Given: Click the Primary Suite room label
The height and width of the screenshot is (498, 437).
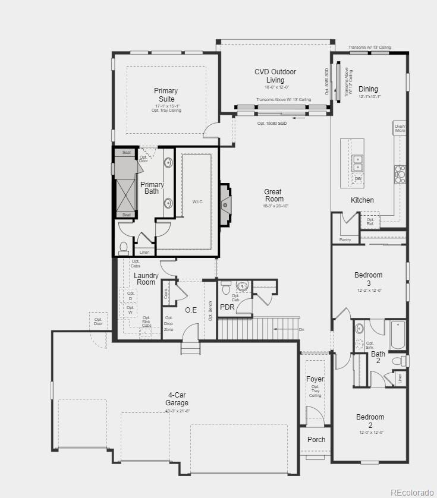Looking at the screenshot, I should (x=166, y=94).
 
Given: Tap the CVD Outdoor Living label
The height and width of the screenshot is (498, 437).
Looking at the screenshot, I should (x=275, y=75).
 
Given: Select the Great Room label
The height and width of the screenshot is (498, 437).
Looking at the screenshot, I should (x=273, y=196).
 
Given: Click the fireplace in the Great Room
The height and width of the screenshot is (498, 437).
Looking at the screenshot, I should (x=225, y=205).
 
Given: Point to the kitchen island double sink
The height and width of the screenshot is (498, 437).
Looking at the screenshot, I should (x=358, y=159).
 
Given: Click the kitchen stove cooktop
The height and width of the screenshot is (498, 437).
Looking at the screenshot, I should (x=400, y=174).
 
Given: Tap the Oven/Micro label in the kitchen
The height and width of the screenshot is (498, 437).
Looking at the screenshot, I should (x=400, y=128).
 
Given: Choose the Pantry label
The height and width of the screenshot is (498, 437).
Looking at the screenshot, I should (x=345, y=240).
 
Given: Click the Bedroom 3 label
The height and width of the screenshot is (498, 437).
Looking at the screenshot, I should (x=368, y=279).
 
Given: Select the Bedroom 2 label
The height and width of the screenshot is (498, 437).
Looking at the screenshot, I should (x=370, y=421).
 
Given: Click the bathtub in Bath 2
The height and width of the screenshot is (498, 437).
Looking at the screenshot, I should (x=398, y=336).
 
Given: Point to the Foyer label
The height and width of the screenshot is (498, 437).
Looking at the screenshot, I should (x=315, y=379).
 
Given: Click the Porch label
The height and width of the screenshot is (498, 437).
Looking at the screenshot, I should (x=316, y=440).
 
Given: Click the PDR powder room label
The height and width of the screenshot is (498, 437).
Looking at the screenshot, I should (x=227, y=307).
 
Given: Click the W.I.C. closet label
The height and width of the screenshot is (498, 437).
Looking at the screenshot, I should (x=198, y=202).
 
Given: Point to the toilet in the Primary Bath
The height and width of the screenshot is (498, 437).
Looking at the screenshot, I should (x=124, y=247).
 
